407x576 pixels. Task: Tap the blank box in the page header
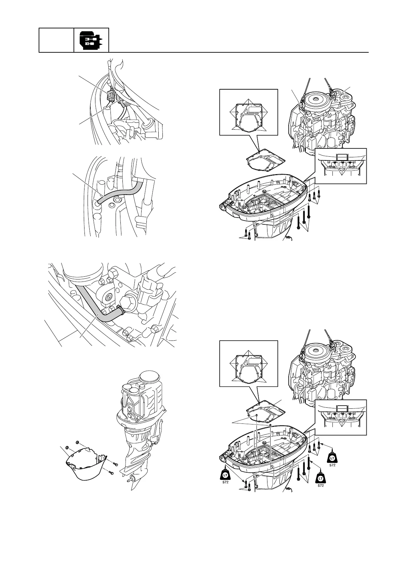(56, 40)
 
